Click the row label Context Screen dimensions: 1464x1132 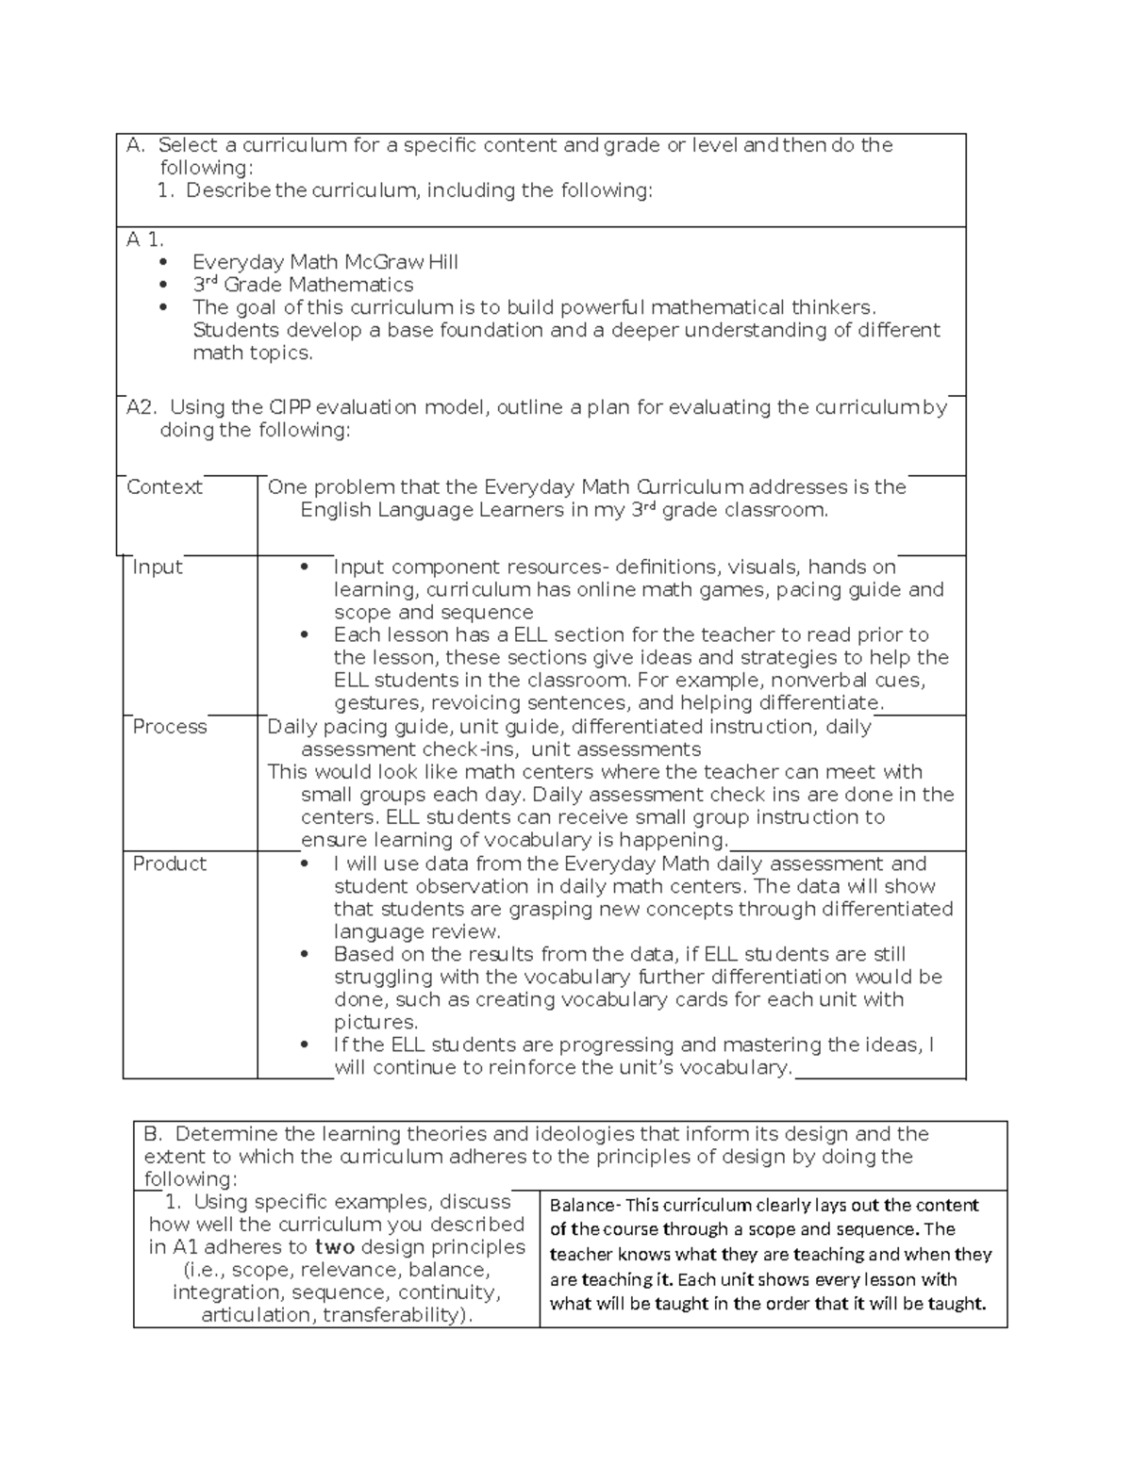pos(164,487)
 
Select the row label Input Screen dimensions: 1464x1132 pos(157,567)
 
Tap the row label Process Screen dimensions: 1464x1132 pos(169,727)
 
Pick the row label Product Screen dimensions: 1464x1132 pos(169,864)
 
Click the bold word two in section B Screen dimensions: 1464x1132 pos(334,1247)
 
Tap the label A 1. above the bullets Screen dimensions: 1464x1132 pos(145,239)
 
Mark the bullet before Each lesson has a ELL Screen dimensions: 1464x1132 pos(304,635)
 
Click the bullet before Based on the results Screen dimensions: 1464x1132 pos(304,955)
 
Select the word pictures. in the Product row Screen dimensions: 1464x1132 pos(375,1023)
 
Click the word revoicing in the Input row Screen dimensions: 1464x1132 pos(477,703)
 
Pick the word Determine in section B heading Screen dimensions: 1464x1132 pos(226,1134)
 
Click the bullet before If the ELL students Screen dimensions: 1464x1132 pos(304,1045)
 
